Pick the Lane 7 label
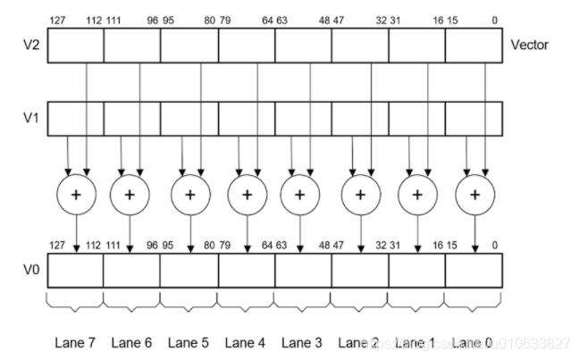tap(73, 341)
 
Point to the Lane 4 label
tap(246, 341)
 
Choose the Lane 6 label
tap(130, 341)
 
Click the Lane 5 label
tap(189, 341)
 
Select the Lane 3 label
tap(303, 341)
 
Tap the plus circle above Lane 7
tap(76, 193)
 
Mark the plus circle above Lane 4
tap(248, 193)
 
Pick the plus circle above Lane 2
tap(361, 193)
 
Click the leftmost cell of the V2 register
tap(75, 45)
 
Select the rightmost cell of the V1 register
tap(474, 118)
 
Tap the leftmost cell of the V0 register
tap(75, 270)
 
